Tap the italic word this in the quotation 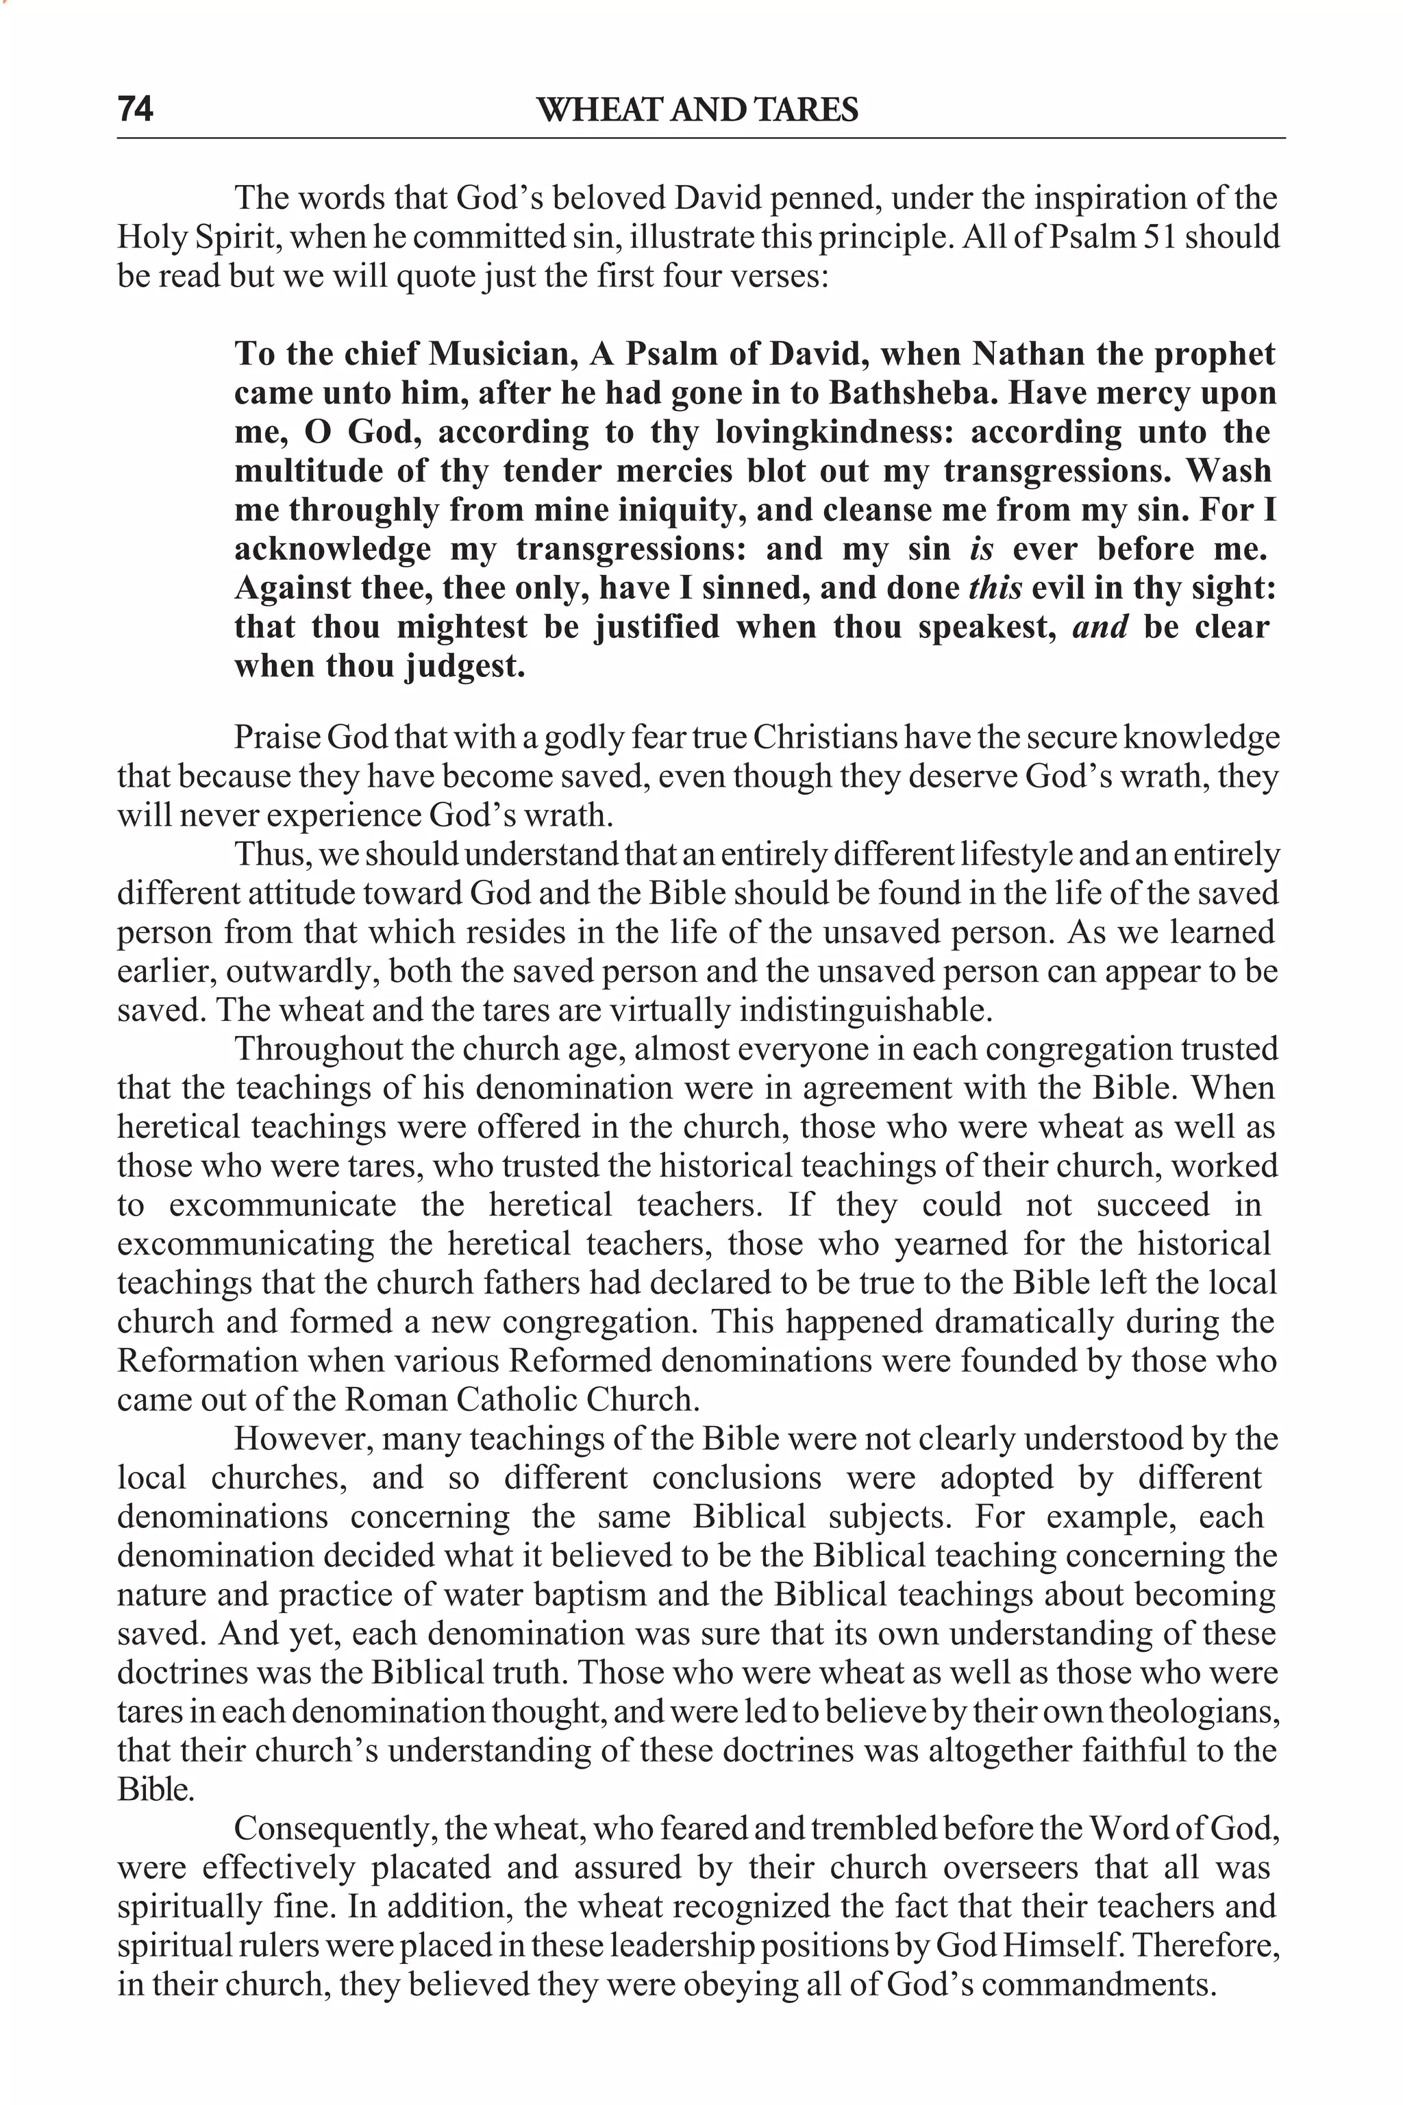click(995, 589)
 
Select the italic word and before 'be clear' click(1100, 628)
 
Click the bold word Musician click(500, 354)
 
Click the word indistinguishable click(865, 1011)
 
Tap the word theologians click(1193, 1712)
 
